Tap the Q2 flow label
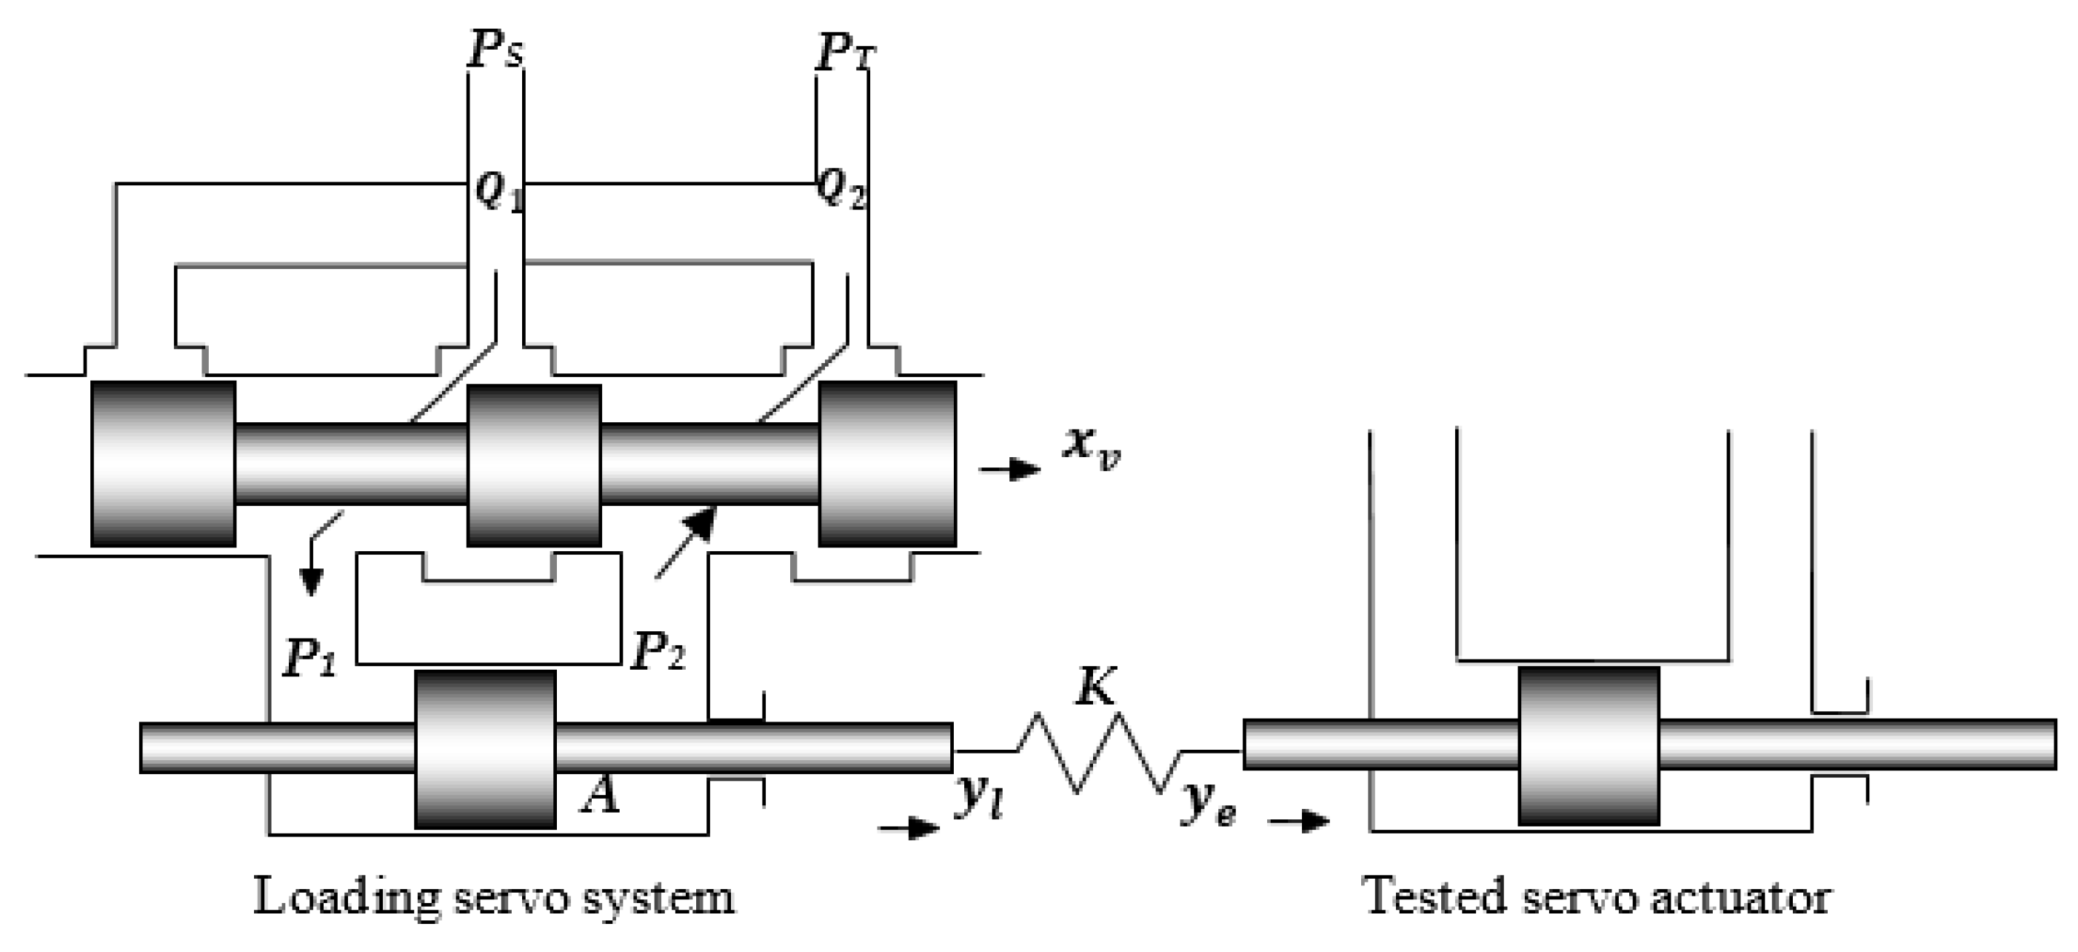click(x=841, y=190)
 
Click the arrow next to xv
click(x=1011, y=469)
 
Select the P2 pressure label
click(x=658, y=653)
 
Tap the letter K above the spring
click(x=1097, y=688)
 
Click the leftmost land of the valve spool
click(x=163, y=464)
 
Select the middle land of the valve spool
click(x=534, y=465)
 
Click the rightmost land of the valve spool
click(x=887, y=464)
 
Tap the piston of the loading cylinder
click(x=485, y=749)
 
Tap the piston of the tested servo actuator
click(x=1588, y=745)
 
